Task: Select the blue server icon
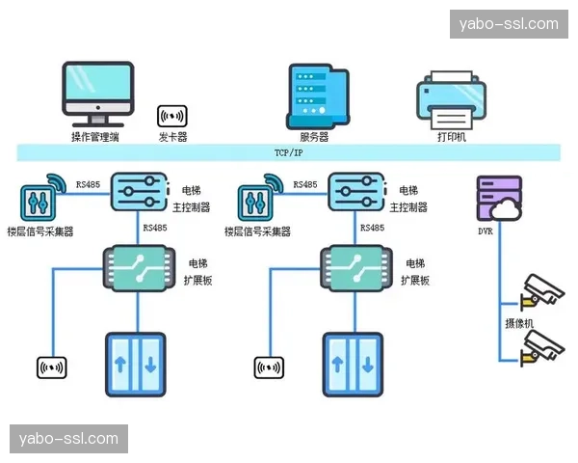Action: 315,95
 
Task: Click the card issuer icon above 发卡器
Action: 172,117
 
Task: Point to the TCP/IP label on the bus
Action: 288,152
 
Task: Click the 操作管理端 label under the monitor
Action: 95,137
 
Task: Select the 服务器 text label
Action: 314,137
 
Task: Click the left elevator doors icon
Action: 136,364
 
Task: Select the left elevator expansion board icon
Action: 137,267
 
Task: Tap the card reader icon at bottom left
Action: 51,367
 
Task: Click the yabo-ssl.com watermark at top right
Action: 509,23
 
